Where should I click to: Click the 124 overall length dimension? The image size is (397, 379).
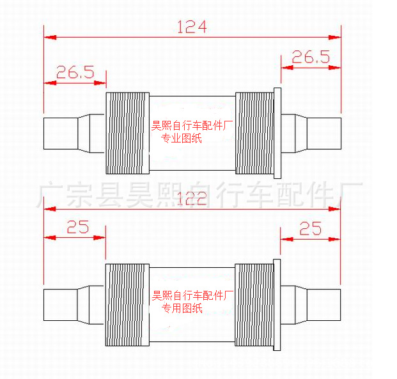192,27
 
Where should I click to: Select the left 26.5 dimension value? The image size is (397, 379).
75,72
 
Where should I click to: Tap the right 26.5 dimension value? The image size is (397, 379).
311,57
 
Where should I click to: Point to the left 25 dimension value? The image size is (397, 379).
77,228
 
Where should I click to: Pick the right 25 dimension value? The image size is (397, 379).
311,228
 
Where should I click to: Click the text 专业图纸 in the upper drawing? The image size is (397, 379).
181,138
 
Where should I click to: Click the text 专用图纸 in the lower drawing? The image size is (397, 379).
182,309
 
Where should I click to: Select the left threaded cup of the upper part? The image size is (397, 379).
127,133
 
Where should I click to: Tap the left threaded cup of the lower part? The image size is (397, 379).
127,305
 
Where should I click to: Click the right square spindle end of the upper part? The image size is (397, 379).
324,133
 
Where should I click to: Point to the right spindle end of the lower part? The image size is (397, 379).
324,305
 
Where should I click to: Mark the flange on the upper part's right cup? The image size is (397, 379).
277,133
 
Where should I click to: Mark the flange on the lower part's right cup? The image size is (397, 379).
277,305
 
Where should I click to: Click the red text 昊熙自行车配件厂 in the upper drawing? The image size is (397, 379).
191,127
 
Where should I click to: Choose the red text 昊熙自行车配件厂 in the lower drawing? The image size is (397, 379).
191,297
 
